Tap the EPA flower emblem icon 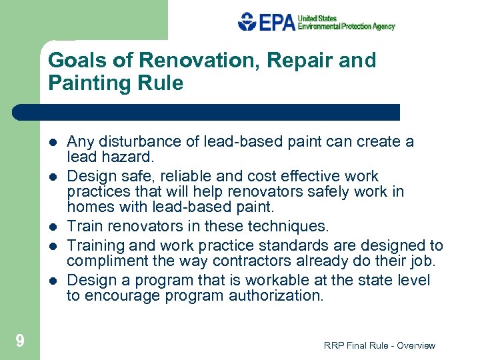coord(247,22)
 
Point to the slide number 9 coord(19,341)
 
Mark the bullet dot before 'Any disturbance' coord(52,142)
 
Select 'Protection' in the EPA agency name coord(361,27)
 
